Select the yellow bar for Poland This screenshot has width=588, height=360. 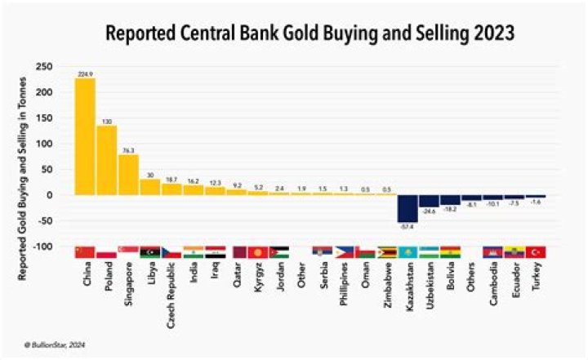[107, 160]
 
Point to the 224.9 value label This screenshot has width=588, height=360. [85, 73]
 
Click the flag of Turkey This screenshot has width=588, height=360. [536, 252]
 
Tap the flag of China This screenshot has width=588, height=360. [85, 252]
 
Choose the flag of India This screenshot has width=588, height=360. [193, 252]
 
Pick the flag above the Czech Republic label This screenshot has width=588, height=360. [171, 252]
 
